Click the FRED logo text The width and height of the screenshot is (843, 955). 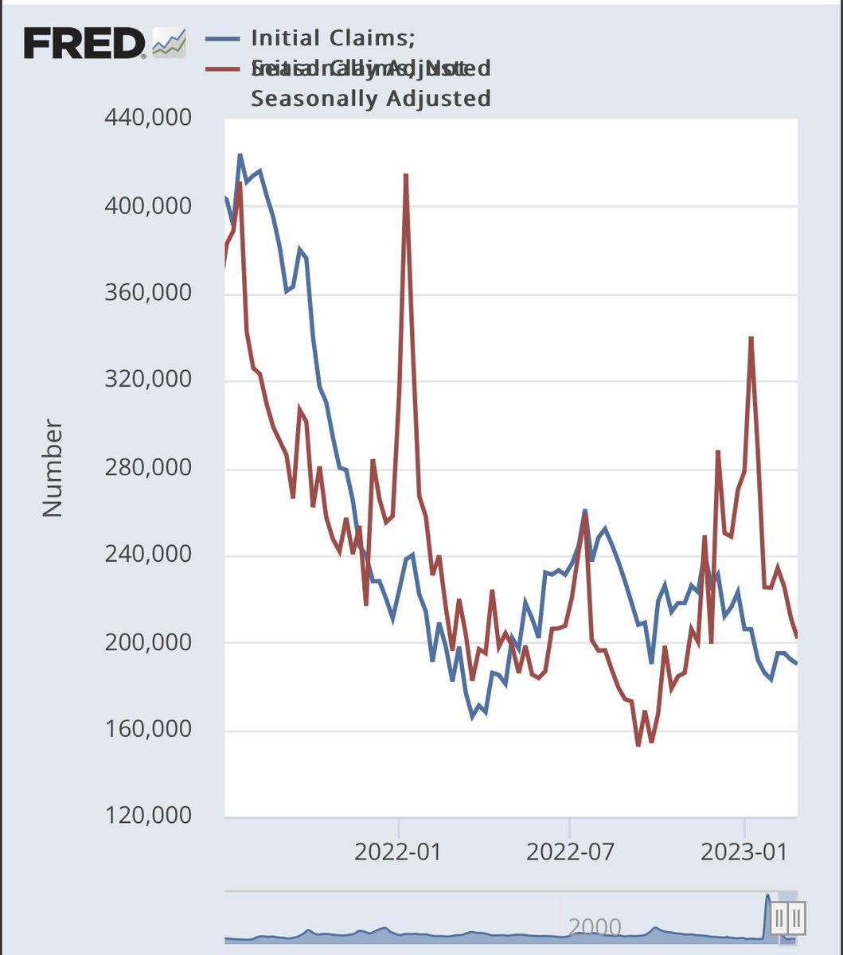coord(84,43)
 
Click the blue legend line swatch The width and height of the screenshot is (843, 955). coord(223,37)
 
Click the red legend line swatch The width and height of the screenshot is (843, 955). coord(223,68)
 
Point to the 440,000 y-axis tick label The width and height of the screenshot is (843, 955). coord(149,119)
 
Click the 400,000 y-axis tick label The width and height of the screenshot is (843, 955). coord(149,206)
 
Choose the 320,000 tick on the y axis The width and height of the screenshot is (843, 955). coord(149,380)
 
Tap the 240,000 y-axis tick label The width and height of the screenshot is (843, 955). coord(149,555)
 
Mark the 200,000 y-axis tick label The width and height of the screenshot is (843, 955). coord(149,642)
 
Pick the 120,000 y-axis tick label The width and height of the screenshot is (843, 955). coord(149,817)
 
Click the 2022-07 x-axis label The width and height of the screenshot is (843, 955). coord(570,851)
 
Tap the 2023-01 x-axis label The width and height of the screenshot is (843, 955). coord(743,851)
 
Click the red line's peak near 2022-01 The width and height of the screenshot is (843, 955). coord(406,175)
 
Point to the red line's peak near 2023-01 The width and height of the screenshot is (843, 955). coord(751,338)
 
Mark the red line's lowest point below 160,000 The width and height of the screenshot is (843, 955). coord(638,745)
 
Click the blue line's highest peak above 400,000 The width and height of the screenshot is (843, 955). coord(240,155)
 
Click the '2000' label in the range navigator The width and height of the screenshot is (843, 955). coord(595,926)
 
